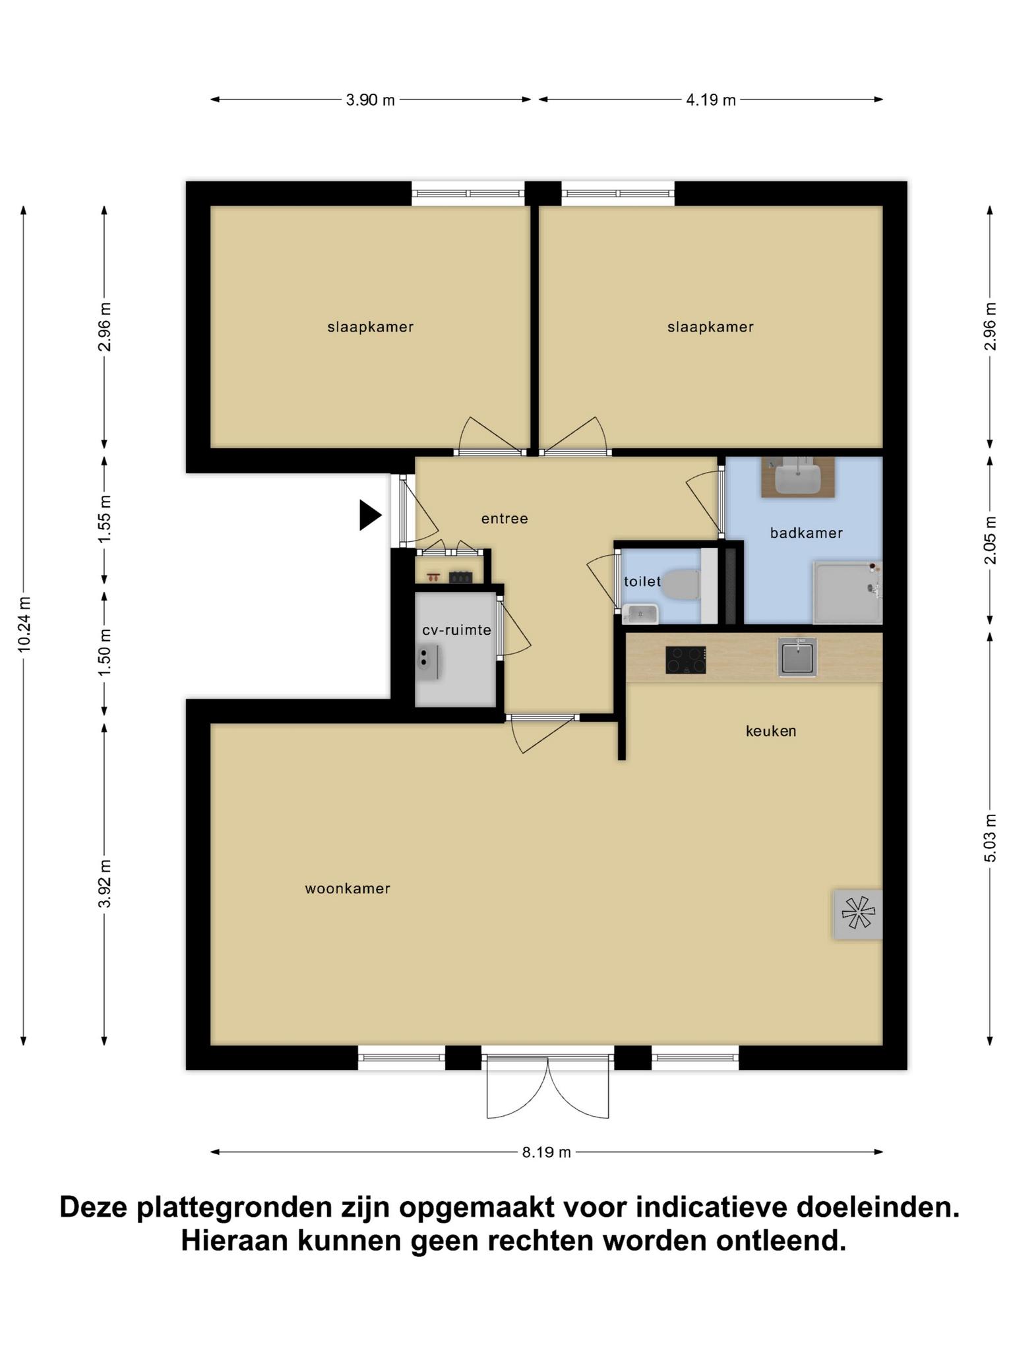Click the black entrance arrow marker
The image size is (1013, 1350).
pyautogui.click(x=369, y=515)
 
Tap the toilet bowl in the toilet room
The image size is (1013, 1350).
pyautogui.click(x=681, y=584)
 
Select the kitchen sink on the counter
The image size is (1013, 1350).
pyautogui.click(x=797, y=657)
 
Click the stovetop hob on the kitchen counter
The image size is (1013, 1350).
pyautogui.click(x=686, y=660)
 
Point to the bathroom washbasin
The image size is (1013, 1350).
pyautogui.click(x=797, y=477)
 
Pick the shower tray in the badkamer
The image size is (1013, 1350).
pyautogui.click(x=847, y=592)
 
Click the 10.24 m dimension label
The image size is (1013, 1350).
pyautogui.click(x=24, y=624)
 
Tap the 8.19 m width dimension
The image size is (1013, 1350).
pyautogui.click(x=547, y=1152)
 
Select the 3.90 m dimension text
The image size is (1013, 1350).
pyautogui.click(x=371, y=100)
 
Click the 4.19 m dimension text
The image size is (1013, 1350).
pyautogui.click(x=711, y=100)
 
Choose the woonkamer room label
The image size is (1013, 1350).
pyautogui.click(x=348, y=889)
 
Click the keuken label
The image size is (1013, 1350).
pyautogui.click(x=771, y=731)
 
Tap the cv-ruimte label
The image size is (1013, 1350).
pyautogui.click(x=457, y=630)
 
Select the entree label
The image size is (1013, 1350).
pyautogui.click(x=505, y=519)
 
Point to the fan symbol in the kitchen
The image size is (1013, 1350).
pyautogui.click(x=858, y=914)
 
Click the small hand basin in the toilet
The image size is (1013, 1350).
pyautogui.click(x=640, y=614)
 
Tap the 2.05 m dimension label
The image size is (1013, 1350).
pyautogui.click(x=989, y=541)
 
